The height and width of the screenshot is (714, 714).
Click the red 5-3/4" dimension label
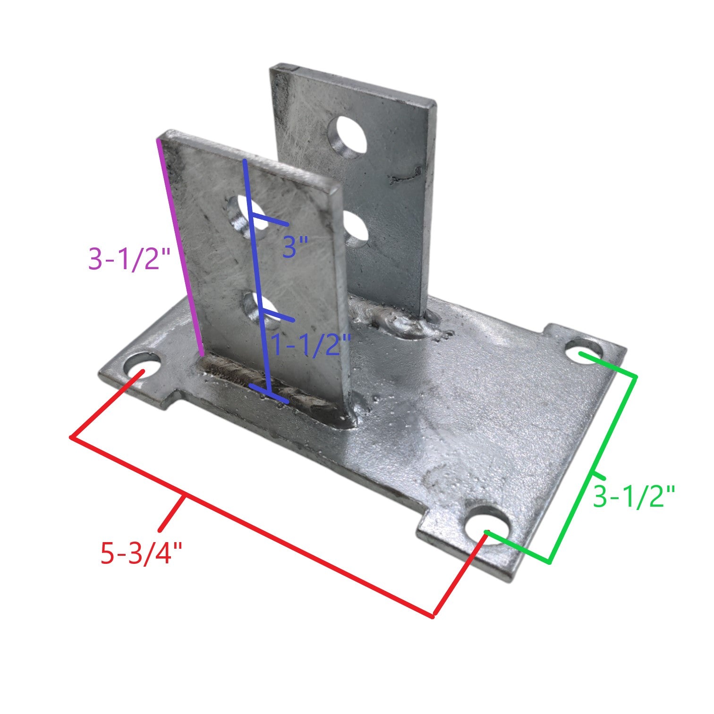(141, 552)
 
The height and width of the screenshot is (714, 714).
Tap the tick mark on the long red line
(172, 512)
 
